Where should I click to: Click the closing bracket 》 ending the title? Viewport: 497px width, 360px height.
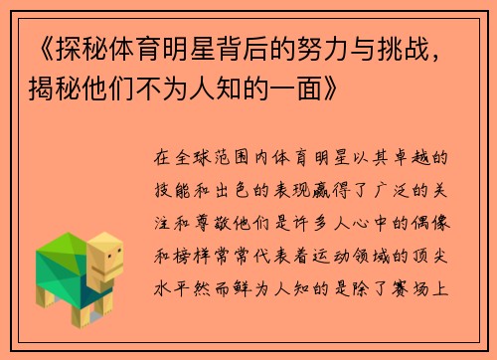click(334, 89)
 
